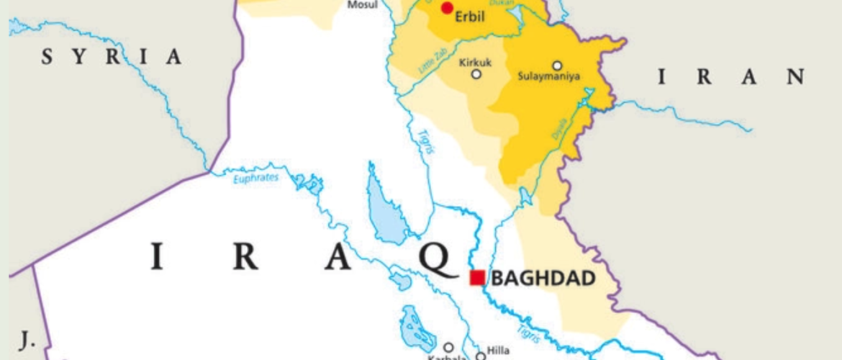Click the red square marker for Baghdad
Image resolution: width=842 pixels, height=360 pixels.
pyautogui.click(x=476, y=277)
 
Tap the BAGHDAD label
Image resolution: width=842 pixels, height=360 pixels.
pyautogui.click(x=543, y=278)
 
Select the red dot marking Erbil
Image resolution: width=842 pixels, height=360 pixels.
pyautogui.click(x=447, y=8)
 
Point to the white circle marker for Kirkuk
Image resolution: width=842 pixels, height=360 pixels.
pyautogui.click(x=476, y=73)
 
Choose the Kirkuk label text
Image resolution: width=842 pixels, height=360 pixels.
pyautogui.click(x=475, y=61)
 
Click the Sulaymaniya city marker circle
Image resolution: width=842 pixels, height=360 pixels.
pyautogui.click(x=556, y=65)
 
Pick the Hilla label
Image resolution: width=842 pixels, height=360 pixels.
pyautogui.click(x=498, y=350)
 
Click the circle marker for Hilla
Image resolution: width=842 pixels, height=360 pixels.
pyautogui.click(x=480, y=356)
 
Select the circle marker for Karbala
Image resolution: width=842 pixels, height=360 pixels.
pyautogui.click(x=448, y=347)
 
